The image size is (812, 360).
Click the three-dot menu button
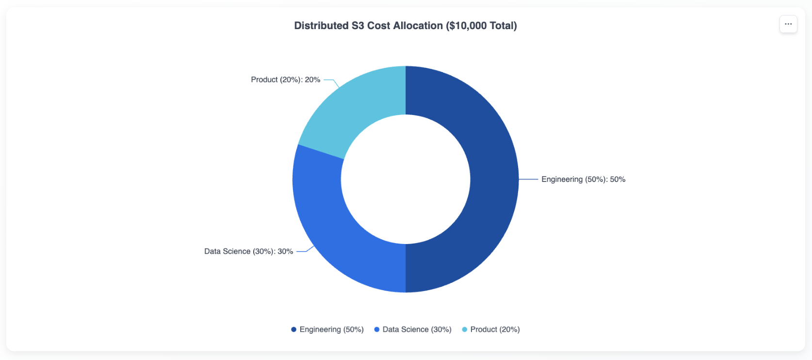788,24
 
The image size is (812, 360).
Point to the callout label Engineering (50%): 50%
583,180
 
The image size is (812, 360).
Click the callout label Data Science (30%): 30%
248,251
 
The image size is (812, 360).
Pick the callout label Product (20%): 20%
285,80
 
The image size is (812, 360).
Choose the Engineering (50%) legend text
331,329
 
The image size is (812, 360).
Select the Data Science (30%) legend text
417,329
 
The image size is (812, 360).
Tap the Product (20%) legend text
495,329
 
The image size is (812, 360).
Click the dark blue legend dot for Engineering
293,329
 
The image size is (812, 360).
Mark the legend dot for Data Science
377,329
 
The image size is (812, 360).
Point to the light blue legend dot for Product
465,329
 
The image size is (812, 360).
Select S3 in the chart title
357,26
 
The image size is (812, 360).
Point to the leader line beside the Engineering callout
528,179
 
